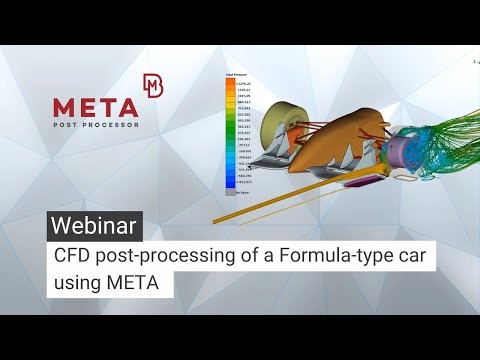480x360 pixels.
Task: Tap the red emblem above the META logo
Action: pyautogui.click(x=153, y=85)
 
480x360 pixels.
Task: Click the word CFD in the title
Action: pyautogui.click(x=73, y=257)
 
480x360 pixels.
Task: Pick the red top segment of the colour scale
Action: pyautogui.click(x=229, y=83)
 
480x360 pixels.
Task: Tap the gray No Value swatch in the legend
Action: pyautogui.click(x=229, y=191)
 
